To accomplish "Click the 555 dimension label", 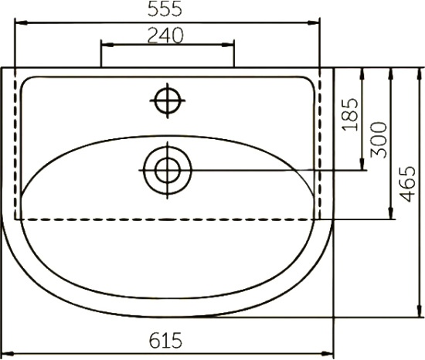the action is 165,8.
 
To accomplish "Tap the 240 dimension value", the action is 165,36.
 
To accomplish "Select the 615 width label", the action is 165,341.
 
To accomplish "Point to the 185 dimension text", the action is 350,114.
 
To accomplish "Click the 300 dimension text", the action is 379,140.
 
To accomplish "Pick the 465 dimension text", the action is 407,184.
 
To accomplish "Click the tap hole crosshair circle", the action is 168,100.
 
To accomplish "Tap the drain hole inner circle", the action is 168,171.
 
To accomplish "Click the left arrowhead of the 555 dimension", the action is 21,22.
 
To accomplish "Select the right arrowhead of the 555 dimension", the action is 314,22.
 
